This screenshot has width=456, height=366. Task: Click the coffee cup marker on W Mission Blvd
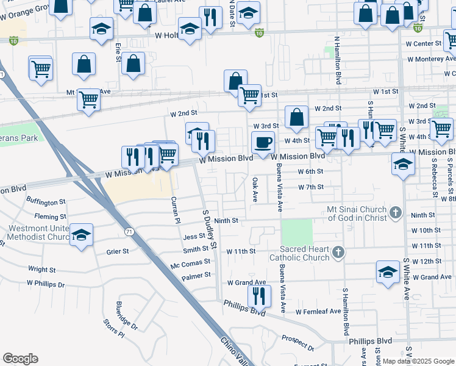pos(263,143)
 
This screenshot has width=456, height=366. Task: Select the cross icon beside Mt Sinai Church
pos(395,213)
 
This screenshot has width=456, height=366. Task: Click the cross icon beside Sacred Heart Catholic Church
pos(338,252)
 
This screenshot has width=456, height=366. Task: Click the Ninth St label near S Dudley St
pos(225,220)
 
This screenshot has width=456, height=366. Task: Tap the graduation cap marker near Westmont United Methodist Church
pos(81,235)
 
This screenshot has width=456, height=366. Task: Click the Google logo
pos(20,359)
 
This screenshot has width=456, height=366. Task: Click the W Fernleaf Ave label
pos(318,311)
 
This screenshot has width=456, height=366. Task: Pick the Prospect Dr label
pos(297,344)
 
